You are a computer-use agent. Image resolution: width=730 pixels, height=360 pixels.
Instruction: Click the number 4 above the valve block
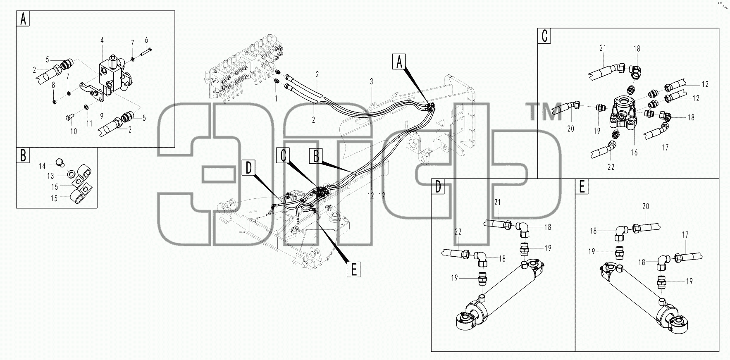click(102, 40)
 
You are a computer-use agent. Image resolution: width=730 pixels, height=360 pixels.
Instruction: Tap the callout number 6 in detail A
click(146, 40)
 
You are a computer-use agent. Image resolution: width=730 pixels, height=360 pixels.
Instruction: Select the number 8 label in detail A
click(53, 86)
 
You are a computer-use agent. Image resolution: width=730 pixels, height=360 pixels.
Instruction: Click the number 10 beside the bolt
click(74, 131)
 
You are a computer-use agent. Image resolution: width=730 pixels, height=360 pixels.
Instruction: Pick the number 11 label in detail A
click(89, 124)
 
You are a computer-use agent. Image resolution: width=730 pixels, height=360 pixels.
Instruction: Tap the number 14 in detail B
click(42, 166)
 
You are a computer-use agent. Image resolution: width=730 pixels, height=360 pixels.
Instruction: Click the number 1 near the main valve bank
click(276, 99)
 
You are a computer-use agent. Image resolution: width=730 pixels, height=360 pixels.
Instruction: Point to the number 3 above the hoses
click(372, 82)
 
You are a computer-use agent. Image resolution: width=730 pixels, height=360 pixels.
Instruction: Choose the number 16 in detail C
click(634, 153)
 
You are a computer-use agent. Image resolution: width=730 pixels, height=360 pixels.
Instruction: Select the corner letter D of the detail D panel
click(438, 187)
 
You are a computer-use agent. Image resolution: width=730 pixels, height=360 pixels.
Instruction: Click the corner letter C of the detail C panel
click(545, 36)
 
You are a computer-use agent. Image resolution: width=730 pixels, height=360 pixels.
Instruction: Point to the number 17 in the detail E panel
click(685, 235)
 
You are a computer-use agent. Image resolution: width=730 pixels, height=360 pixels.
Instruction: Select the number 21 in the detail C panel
click(603, 48)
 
